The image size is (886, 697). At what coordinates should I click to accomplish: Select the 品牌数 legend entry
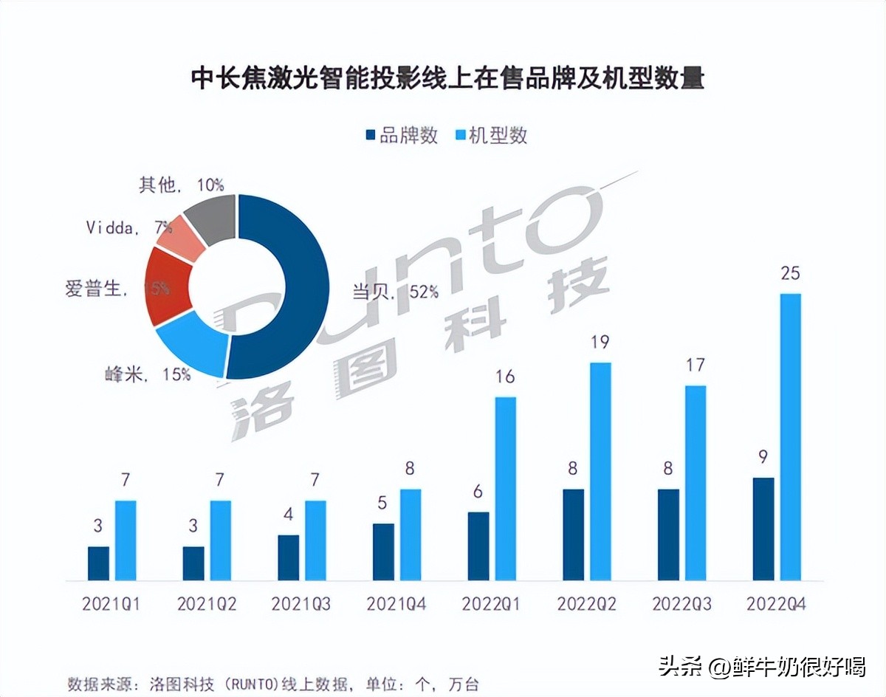402,136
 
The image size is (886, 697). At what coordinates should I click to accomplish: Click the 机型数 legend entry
492,136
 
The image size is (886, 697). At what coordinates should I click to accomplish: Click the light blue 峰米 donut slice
190,343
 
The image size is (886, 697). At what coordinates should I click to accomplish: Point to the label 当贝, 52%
395,291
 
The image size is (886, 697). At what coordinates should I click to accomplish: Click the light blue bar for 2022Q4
790,436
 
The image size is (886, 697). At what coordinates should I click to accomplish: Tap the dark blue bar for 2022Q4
763,529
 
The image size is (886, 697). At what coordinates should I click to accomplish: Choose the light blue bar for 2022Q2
600,471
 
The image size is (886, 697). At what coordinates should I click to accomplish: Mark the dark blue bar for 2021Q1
98,563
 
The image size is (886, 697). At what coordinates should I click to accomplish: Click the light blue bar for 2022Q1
506,488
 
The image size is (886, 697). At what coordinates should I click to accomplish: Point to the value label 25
790,273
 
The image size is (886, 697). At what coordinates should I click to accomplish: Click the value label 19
600,342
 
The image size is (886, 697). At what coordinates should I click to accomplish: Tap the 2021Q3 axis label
301,604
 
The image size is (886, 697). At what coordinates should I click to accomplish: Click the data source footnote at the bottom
277,683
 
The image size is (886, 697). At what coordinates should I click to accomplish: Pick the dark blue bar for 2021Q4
383,552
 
